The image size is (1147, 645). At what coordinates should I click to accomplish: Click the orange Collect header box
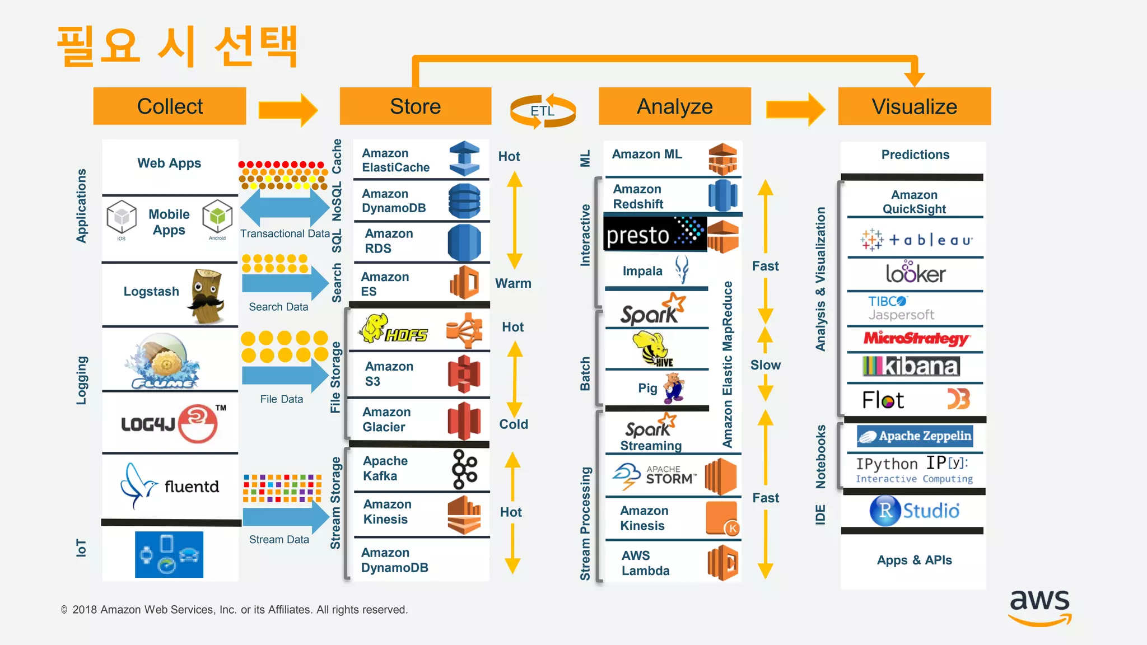click(x=170, y=106)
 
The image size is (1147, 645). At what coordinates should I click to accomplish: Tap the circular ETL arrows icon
click(x=542, y=111)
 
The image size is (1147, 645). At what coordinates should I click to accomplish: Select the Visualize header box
click(x=914, y=106)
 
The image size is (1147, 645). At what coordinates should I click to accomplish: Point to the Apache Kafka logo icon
click(x=464, y=469)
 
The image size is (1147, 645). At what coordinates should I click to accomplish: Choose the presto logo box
click(x=655, y=234)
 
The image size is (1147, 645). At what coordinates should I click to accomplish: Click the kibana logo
click(x=911, y=366)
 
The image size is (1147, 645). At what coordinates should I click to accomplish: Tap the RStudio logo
click(x=914, y=511)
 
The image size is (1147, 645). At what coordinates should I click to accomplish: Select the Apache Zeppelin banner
click(x=915, y=436)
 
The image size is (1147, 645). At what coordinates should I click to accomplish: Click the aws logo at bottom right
click(x=1039, y=607)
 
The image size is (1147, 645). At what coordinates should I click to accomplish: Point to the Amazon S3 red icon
click(x=464, y=373)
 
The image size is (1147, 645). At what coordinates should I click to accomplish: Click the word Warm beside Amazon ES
click(x=513, y=283)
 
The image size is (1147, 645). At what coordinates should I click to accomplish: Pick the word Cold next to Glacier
click(x=514, y=424)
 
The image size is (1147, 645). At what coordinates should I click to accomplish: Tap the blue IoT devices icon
click(x=169, y=554)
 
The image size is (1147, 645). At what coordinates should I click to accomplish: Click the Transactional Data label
click(x=285, y=233)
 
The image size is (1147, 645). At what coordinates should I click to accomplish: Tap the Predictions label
click(x=915, y=155)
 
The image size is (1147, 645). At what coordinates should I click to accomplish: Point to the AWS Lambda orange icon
click(x=722, y=563)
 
